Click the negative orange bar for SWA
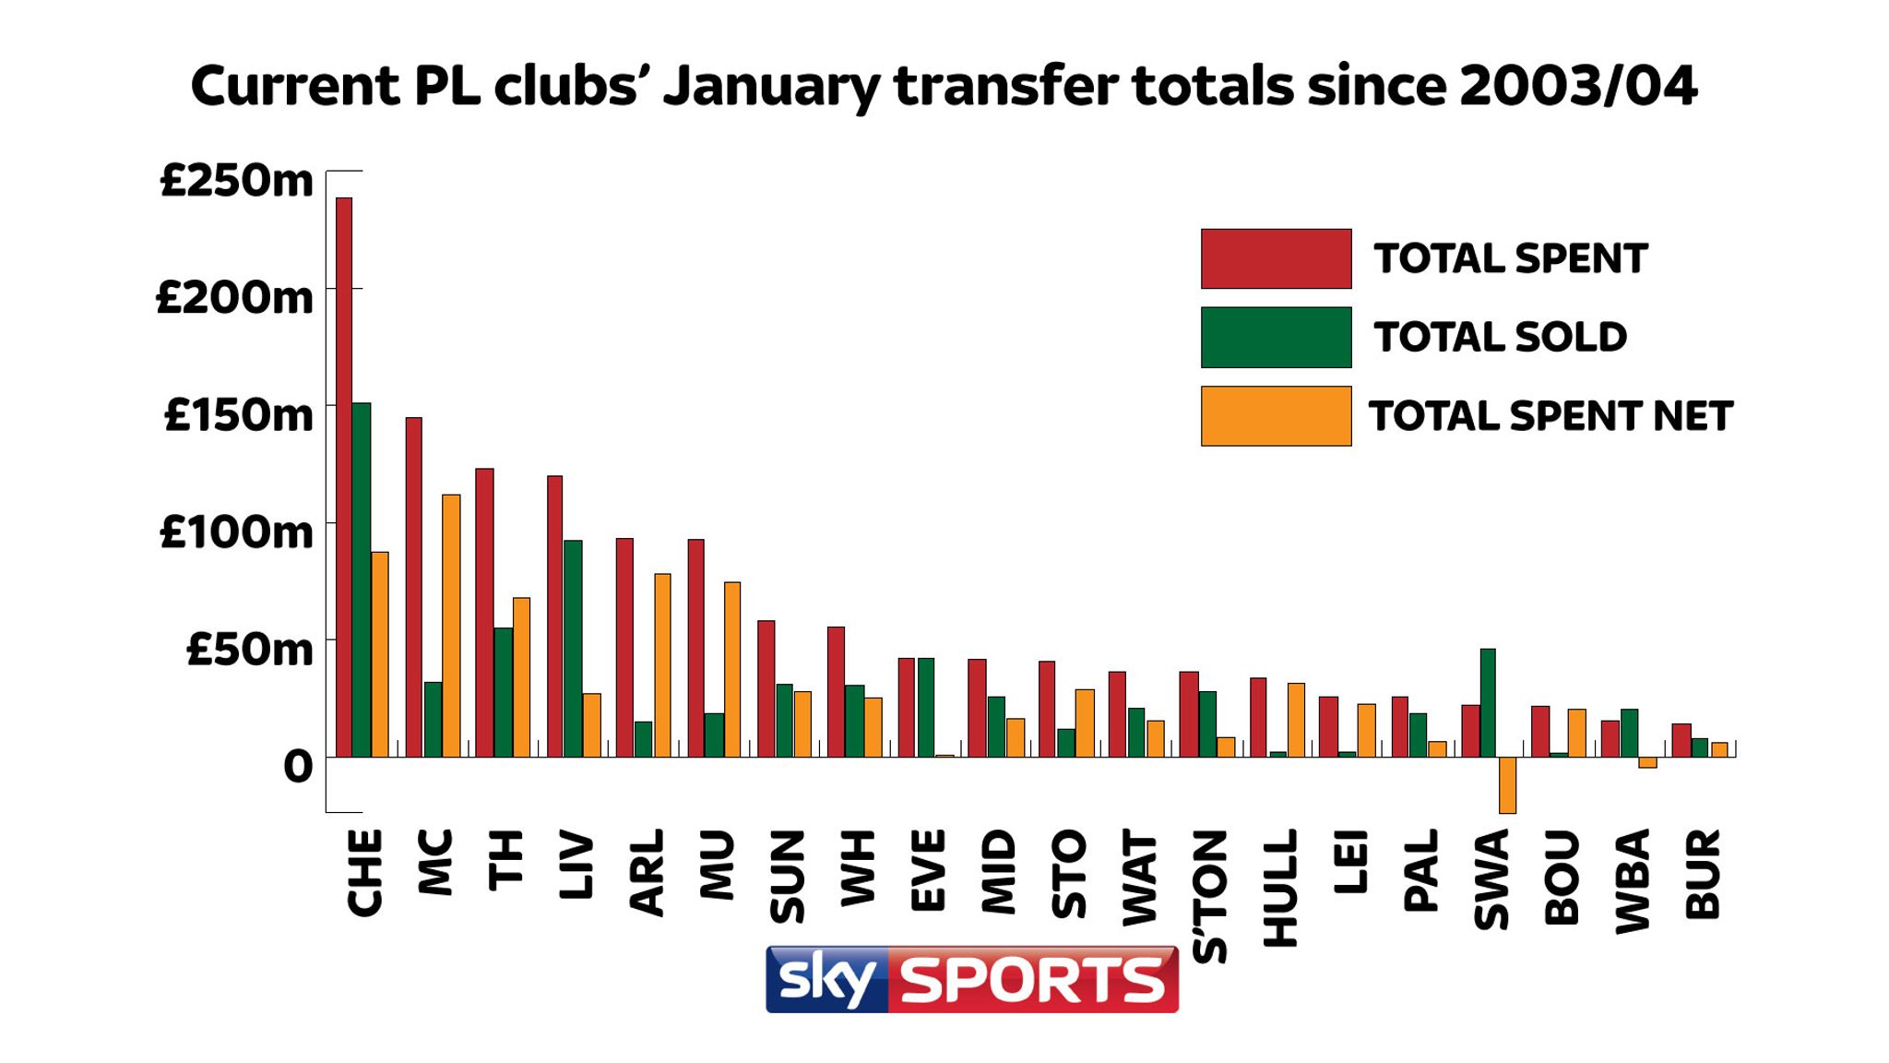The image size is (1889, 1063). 1508,785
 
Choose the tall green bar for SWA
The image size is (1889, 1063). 1488,703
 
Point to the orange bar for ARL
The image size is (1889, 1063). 662,665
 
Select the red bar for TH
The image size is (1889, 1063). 484,613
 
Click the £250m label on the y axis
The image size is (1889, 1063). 237,180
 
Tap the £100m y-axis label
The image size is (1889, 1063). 237,532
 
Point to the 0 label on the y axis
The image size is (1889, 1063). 298,767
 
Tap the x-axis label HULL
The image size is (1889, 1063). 1280,888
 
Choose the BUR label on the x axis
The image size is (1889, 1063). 1703,874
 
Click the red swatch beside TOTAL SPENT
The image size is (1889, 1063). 1276,259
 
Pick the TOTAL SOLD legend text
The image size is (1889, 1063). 1500,337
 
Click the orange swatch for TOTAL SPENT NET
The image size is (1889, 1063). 1276,416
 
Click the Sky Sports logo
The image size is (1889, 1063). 971,979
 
